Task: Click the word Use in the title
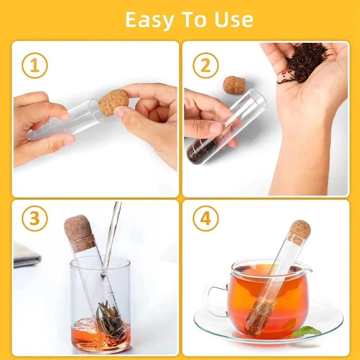[234, 20]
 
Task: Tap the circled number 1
[35, 66]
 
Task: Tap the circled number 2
[205, 66]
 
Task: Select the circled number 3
[35, 218]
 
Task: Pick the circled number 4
[205, 218]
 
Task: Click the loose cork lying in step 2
[234, 85]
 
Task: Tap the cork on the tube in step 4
[299, 232]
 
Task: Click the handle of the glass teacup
[213, 299]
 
